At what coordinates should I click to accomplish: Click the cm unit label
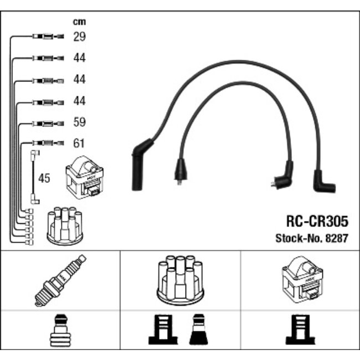pos(79,22)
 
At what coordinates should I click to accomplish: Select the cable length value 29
pos(79,37)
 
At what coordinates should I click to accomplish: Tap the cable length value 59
pos(79,122)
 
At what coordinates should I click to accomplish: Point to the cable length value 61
pos(79,143)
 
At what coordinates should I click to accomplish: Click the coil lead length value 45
pos(44,178)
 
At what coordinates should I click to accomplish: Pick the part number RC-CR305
pos(317,222)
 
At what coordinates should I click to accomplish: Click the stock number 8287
pos(337,238)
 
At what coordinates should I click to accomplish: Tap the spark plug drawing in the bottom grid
pos(60,280)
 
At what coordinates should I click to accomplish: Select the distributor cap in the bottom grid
pos(180,280)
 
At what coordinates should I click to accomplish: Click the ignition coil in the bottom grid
pos(302,279)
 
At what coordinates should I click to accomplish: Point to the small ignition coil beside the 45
pos(85,177)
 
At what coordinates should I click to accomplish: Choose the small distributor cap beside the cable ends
pos(65,226)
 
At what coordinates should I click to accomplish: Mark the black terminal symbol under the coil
pos(301,330)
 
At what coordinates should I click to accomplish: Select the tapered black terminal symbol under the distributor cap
pos(199,330)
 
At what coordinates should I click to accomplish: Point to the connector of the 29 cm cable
pos(48,37)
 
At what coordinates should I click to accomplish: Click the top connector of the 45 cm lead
pos(35,153)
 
